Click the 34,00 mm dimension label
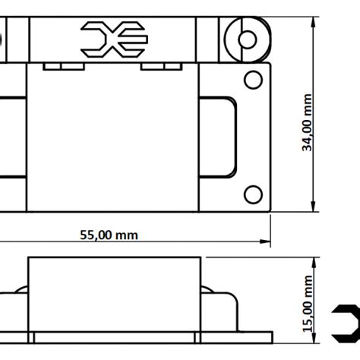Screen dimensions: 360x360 307,122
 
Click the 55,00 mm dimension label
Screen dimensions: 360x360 109,235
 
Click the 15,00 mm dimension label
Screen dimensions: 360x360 308,304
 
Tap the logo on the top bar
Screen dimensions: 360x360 114,39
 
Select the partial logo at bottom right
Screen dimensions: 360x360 346,324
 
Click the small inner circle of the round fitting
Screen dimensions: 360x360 248,39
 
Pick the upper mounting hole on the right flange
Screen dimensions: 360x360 253,80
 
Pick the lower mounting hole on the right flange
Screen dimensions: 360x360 253,194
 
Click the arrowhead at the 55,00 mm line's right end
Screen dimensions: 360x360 265,242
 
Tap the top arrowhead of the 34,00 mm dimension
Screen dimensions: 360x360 314,22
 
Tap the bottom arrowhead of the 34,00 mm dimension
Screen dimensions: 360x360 314,207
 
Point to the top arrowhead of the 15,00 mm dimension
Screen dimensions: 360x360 314,263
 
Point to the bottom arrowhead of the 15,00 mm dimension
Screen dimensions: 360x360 314,338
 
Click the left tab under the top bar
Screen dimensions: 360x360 64,67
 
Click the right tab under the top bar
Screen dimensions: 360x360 161,67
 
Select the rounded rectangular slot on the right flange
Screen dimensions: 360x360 236,137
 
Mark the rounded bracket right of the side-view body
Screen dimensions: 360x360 237,311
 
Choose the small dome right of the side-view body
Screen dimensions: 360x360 207,289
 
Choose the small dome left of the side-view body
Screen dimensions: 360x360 21,289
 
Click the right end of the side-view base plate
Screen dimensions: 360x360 273,337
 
